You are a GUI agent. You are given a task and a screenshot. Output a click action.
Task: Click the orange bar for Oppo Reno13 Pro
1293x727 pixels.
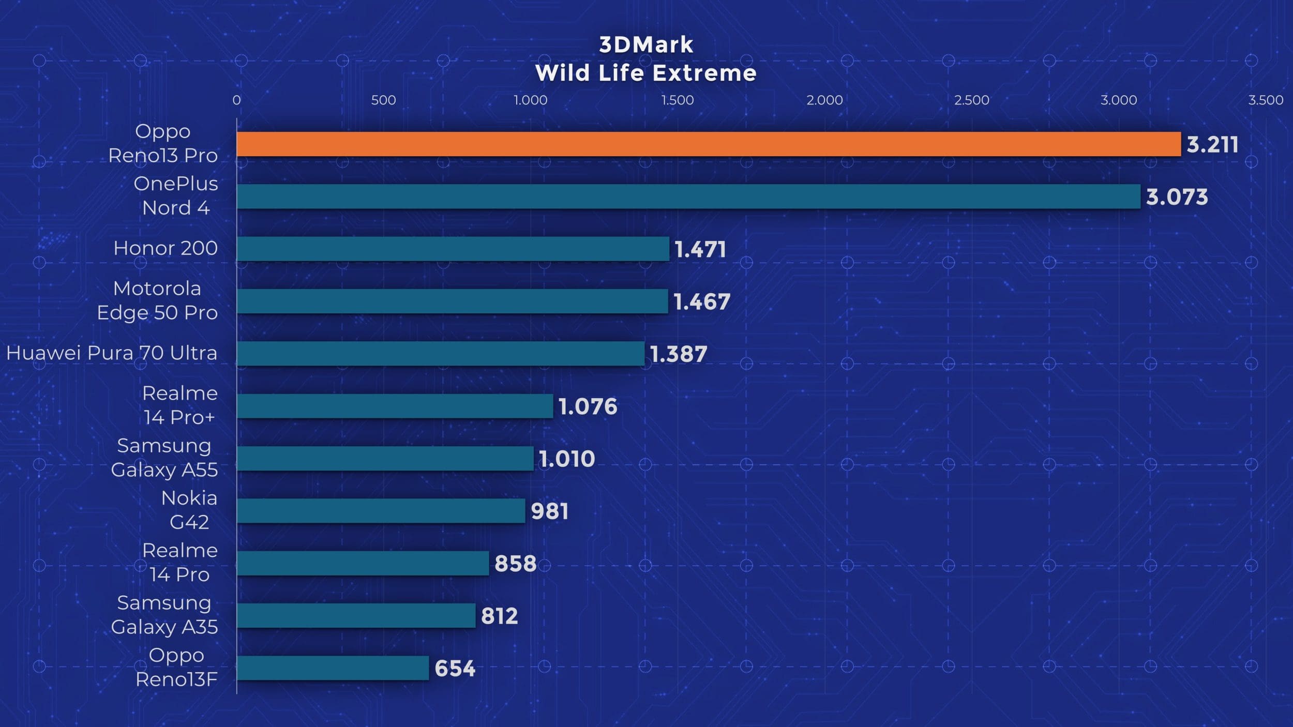point(709,144)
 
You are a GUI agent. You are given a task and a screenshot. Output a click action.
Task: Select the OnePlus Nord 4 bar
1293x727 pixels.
point(688,196)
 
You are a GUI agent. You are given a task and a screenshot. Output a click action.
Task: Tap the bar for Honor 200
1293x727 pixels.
point(453,249)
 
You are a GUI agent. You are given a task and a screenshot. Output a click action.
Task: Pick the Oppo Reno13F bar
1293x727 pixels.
point(333,668)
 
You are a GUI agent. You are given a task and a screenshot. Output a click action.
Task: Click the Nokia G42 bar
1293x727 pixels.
point(381,511)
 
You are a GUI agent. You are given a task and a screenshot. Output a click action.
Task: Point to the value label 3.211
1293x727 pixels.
point(1212,145)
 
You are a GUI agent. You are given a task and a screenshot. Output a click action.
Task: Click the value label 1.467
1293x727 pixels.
point(702,302)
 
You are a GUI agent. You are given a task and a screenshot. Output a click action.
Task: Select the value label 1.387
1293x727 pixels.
point(678,354)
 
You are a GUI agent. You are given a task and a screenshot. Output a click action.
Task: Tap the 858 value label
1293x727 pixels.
point(515,564)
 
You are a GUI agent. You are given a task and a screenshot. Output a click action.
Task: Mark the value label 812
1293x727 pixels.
point(499,616)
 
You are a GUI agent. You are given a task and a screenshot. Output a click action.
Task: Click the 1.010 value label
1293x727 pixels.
point(567,459)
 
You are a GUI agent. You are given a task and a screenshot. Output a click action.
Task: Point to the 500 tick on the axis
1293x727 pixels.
point(383,100)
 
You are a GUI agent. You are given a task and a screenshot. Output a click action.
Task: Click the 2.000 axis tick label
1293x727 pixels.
point(824,100)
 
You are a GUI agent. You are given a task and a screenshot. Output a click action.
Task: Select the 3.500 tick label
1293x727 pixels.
point(1266,100)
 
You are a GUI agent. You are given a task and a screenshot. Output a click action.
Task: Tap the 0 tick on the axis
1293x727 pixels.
point(236,100)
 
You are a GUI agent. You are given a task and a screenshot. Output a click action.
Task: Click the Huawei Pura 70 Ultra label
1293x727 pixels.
point(112,353)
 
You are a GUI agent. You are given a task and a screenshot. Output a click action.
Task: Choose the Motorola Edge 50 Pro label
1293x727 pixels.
point(157,300)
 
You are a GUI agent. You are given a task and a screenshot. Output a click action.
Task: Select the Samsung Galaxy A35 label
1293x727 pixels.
point(164,615)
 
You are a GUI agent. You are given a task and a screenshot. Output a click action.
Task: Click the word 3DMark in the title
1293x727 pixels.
point(646,45)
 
